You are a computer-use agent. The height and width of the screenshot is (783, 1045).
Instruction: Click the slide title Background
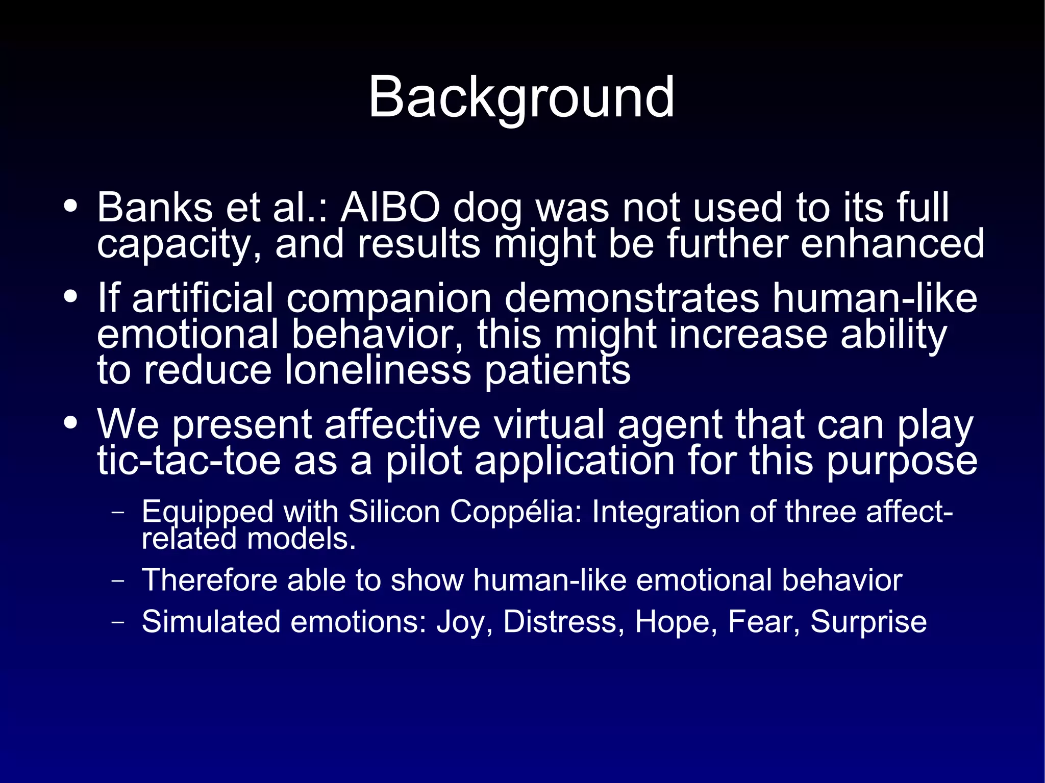[x=521, y=97]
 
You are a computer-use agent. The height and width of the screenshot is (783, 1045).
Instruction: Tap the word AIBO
[x=390, y=208]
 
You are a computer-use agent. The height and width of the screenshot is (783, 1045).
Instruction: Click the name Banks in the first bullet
[x=155, y=208]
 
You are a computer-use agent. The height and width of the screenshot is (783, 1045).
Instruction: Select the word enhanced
[x=892, y=244]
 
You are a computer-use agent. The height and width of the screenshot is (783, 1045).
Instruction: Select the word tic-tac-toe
[x=189, y=461]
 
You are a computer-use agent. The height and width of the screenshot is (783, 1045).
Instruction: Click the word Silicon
[x=393, y=512]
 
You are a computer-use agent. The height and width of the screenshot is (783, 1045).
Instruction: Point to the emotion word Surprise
[x=868, y=622]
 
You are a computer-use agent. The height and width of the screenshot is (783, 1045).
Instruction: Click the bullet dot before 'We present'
[x=71, y=423]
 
